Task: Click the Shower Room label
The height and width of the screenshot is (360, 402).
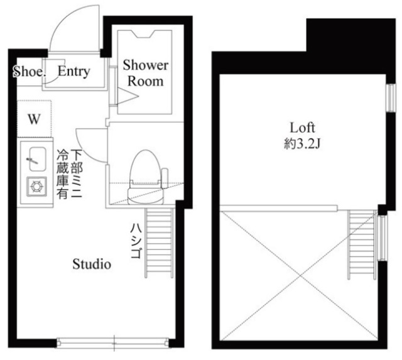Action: point(145,73)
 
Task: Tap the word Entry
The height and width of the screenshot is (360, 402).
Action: point(74,71)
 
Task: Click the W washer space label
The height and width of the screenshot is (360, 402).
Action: point(34,119)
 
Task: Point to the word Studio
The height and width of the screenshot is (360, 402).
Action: point(92,264)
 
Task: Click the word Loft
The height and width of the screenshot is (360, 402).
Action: point(302,128)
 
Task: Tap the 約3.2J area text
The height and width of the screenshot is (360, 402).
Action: point(302,144)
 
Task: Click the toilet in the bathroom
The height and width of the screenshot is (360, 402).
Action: point(146,177)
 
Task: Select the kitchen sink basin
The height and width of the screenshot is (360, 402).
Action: point(38,159)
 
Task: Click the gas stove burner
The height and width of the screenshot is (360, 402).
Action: point(36,187)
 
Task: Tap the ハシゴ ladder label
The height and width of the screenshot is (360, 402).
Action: point(136,241)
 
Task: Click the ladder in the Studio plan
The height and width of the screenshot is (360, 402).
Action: point(159,243)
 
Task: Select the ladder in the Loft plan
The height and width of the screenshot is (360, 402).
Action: point(362,245)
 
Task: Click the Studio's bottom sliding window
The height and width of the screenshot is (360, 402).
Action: point(113,342)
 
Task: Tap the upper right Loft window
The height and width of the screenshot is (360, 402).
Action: point(391,97)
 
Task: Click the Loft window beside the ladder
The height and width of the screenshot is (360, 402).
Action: point(383,238)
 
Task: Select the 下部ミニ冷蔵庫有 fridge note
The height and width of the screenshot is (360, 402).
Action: point(70,174)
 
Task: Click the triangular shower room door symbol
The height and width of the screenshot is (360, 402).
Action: point(128,96)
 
